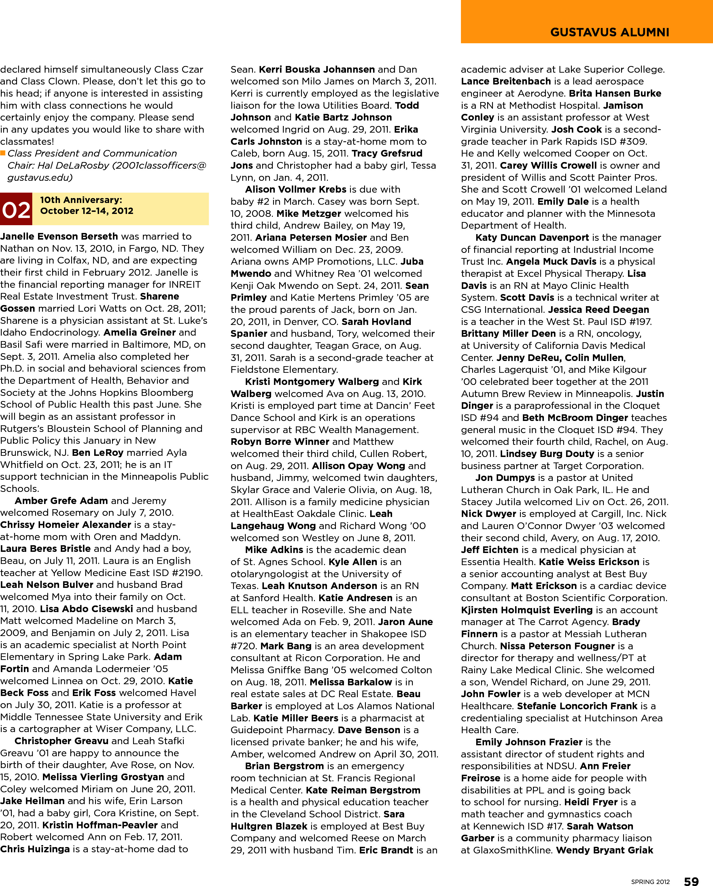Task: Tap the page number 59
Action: point(691,880)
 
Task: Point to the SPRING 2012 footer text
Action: point(650,881)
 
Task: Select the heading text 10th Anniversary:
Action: point(81,200)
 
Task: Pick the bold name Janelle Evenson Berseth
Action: point(59,236)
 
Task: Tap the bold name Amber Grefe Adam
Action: point(61,501)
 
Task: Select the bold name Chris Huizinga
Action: point(35,849)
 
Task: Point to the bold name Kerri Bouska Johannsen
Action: point(317,69)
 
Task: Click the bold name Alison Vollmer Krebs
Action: point(296,189)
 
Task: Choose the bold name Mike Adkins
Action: point(274,550)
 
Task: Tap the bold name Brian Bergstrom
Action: point(284,765)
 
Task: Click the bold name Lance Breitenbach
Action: point(506,81)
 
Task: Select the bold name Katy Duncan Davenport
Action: point(532,238)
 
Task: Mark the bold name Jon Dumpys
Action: point(505,477)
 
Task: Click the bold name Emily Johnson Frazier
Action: point(529,742)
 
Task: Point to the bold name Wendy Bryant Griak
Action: point(605,850)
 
